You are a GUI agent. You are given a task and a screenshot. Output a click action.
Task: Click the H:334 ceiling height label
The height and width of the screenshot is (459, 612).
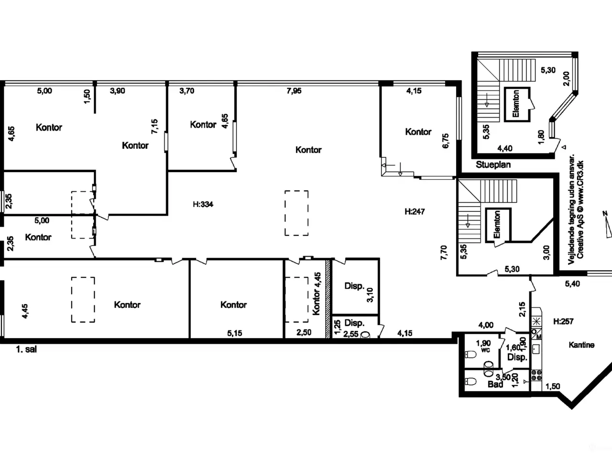(x=203, y=204)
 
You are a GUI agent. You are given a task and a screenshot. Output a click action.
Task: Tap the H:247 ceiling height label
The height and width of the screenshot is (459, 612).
(x=415, y=211)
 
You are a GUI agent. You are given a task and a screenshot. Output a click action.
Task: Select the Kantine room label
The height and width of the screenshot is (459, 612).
(x=581, y=345)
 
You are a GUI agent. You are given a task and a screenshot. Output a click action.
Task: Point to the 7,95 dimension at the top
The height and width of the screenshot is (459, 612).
(x=294, y=91)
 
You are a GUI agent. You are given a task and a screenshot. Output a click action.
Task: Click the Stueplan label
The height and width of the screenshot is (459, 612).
(x=493, y=164)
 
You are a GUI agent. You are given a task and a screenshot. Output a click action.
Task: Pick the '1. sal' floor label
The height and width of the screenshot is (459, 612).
(x=26, y=350)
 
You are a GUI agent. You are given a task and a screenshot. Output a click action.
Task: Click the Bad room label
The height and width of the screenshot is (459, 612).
(x=495, y=384)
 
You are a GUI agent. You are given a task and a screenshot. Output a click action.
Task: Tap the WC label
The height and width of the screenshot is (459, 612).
(x=485, y=350)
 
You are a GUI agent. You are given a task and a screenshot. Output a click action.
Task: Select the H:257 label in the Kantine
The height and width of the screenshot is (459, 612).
(x=563, y=322)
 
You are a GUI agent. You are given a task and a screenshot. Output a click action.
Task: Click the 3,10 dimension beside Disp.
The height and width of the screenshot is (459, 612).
(x=370, y=295)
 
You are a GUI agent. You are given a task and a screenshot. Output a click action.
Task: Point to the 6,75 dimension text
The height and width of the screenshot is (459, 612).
(x=445, y=141)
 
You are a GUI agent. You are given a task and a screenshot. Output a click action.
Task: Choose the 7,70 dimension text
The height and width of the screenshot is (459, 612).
(x=444, y=252)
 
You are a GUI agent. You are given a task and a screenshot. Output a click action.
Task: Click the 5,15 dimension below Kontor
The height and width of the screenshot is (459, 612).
(x=234, y=333)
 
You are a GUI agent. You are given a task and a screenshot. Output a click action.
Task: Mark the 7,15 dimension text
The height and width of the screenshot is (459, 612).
(x=154, y=127)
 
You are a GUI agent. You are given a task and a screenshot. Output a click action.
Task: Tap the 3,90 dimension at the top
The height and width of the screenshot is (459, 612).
(x=118, y=91)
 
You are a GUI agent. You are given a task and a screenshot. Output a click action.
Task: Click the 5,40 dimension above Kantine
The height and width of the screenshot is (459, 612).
(x=572, y=284)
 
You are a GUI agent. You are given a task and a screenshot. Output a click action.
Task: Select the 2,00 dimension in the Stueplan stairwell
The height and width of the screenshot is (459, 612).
(x=566, y=79)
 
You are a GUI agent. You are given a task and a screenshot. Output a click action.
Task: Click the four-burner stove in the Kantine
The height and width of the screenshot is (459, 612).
(x=536, y=375)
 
